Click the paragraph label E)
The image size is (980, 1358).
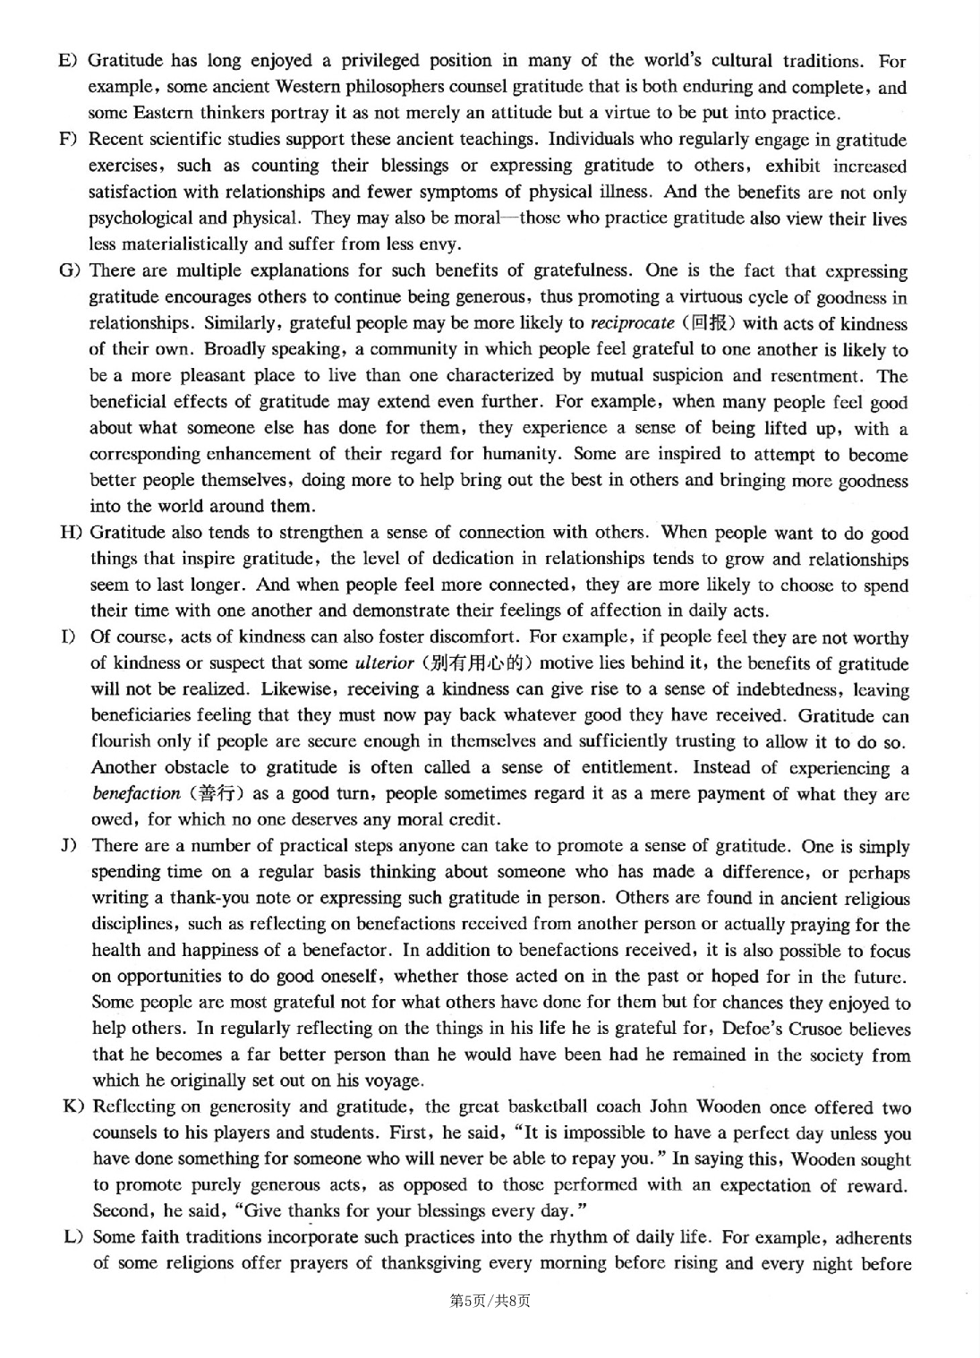tap(67, 61)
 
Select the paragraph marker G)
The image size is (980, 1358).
tap(69, 270)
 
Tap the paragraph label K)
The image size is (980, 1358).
tap(72, 1107)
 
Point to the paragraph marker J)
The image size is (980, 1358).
tap(71, 846)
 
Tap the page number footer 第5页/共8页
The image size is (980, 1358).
tap(490, 1301)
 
